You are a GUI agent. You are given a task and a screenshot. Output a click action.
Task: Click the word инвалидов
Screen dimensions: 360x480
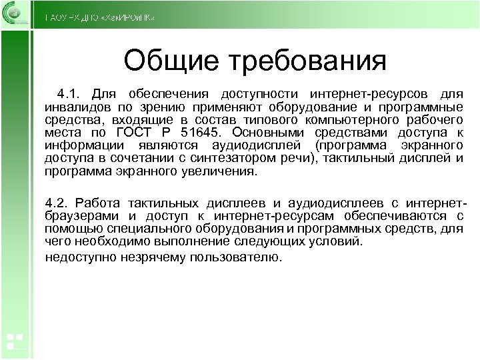pyautogui.click(x=74, y=106)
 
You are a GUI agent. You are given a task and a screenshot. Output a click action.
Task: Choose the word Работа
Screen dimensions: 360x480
pyautogui.click(x=96, y=203)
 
